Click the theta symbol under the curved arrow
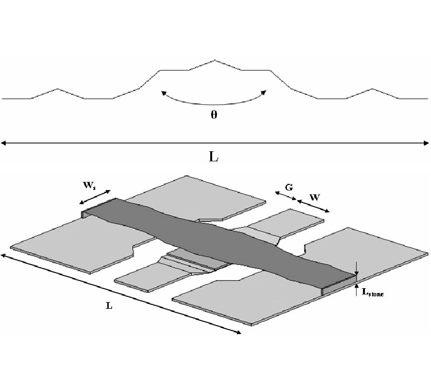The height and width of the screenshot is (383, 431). (x=214, y=116)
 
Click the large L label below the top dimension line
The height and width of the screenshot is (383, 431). (x=214, y=157)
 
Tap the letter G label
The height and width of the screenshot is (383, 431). (x=289, y=188)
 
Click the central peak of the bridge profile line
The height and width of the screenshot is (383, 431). (x=214, y=60)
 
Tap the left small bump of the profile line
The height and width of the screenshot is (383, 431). (x=58, y=89)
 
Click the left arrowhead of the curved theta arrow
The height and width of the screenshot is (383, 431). (x=162, y=92)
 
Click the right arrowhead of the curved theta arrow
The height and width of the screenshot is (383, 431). (x=264, y=92)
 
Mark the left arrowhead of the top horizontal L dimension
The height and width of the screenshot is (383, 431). (x=3, y=142)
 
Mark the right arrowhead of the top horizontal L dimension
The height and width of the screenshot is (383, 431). (x=427, y=142)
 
